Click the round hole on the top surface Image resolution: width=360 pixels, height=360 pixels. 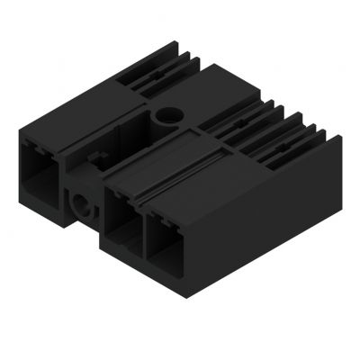(x=167, y=115)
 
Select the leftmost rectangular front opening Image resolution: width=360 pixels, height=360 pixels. (x=39, y=166)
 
